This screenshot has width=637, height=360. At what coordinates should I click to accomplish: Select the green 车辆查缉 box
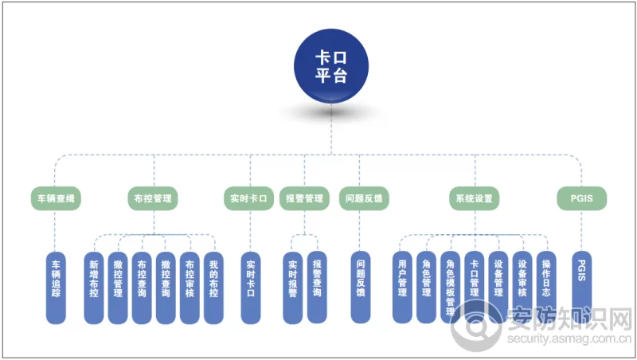tap(56, 198)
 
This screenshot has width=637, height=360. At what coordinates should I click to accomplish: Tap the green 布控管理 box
tap(153, 198)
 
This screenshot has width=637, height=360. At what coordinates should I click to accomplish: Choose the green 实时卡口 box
tap(249, 198)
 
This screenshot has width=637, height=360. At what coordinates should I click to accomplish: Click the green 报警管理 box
tap(304, 198)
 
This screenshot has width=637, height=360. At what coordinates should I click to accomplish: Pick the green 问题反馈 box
tap(364, 198)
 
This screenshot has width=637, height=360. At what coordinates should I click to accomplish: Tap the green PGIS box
tap(581, 198)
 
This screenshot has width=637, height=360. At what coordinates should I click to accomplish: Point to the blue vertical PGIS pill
tap(582, 283)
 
